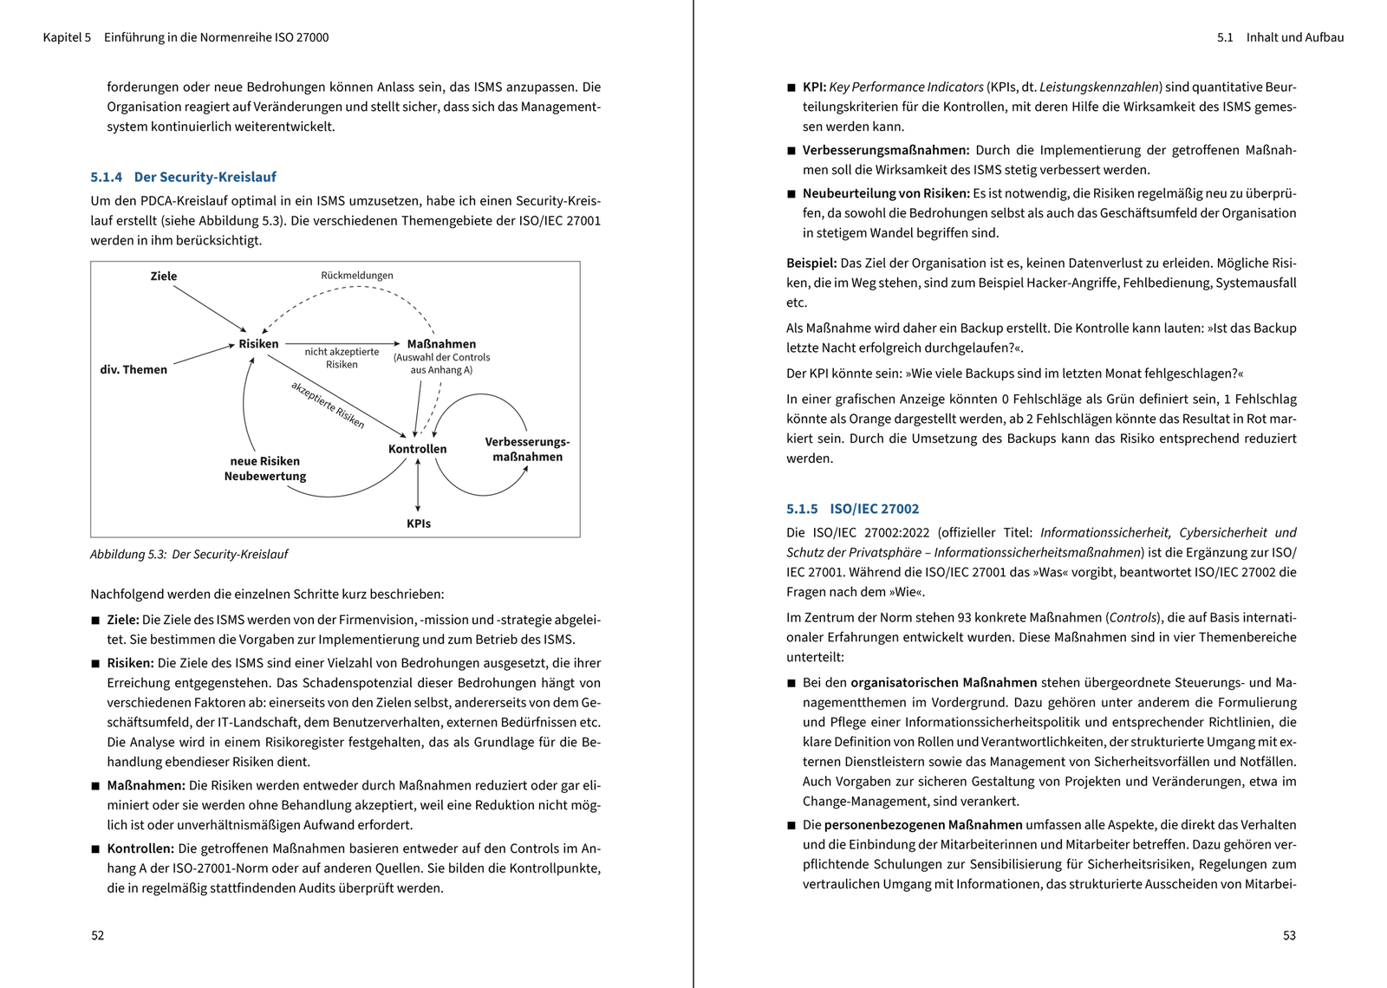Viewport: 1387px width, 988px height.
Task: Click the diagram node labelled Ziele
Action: (164, 276)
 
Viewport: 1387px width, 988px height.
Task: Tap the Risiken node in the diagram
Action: (258, 344)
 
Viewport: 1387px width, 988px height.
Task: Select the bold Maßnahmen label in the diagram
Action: (441, 344)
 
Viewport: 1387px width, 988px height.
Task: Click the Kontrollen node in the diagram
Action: (418, 449)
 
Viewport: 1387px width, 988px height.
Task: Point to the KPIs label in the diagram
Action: (419, 523)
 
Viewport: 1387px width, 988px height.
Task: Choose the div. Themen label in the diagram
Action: (133, 370)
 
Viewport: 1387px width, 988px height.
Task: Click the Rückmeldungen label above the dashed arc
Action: (357, 276)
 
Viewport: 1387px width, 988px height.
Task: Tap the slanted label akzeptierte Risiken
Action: (328, 405)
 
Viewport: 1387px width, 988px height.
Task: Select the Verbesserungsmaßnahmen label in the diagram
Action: (527, 449)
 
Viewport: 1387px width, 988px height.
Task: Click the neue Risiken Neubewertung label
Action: (265, 469)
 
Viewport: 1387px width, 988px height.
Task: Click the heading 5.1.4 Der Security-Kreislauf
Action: (183, 177)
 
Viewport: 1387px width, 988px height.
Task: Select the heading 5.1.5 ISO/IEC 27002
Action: (852, 509)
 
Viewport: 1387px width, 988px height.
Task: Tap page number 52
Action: (98, 935)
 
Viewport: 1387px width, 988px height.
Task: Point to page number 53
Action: (1289, 935)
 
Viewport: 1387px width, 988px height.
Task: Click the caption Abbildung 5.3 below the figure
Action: (189, 555)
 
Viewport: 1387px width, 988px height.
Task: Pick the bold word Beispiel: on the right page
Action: (811, 263)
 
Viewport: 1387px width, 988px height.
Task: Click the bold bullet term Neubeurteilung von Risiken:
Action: (885, 193)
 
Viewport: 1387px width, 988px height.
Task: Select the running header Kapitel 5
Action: (67, 37)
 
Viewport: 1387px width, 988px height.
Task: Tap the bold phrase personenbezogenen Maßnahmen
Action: (922, 825)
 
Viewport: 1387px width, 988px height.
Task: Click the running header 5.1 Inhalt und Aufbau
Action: (1280, 37)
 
